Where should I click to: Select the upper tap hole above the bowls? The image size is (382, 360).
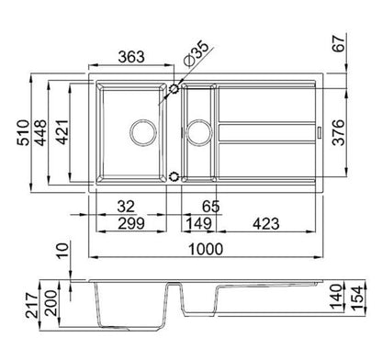pos(174,89)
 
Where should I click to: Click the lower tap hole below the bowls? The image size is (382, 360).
pos(174,174)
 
